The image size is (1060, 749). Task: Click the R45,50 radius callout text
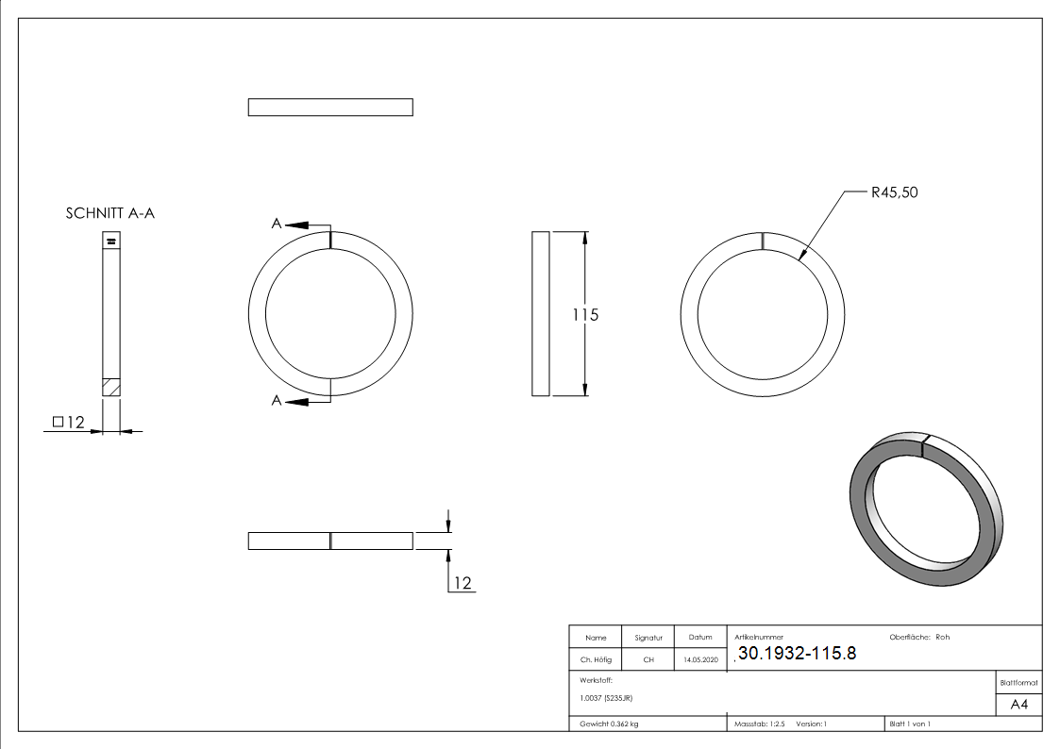894,192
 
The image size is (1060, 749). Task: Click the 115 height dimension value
585,314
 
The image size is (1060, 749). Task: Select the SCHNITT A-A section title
110,214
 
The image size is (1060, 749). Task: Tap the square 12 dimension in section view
70,423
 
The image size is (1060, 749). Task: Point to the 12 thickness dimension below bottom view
462,583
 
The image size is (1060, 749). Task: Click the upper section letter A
277,224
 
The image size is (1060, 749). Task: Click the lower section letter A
277,401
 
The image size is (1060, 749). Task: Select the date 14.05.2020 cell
700,660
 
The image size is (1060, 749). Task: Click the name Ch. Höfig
596,660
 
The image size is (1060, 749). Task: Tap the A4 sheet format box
1018,705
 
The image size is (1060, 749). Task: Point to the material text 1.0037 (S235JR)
606,698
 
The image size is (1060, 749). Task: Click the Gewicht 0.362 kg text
609,724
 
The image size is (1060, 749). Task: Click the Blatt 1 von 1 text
909,724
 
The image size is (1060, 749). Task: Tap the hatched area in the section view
111,387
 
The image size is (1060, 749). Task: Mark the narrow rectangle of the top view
330,108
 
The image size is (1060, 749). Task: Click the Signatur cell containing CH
648,660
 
